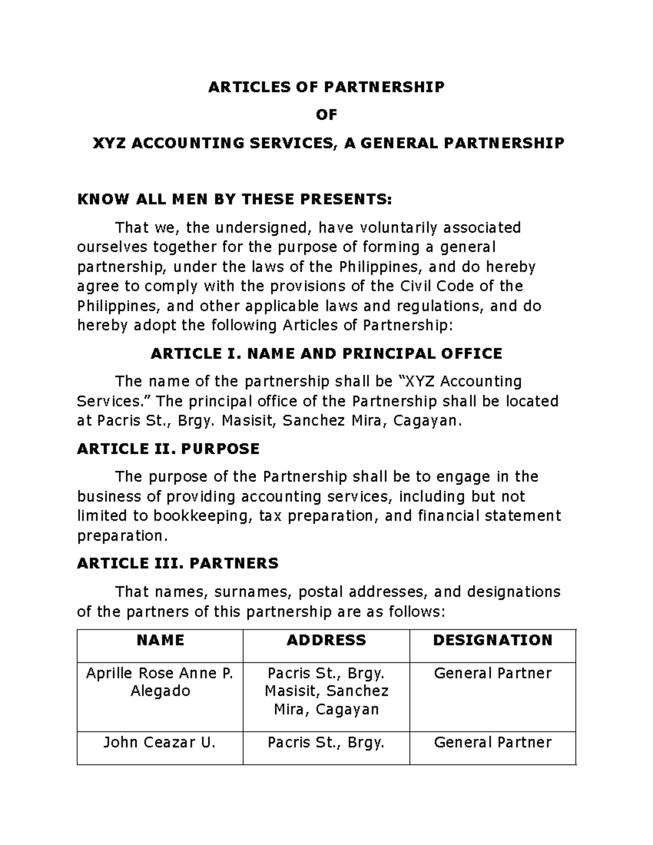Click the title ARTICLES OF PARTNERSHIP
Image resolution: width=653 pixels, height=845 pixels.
point(326,87)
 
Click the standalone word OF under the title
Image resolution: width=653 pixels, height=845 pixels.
point(326,115)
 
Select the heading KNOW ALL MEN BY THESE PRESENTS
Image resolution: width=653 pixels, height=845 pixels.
point(234,199)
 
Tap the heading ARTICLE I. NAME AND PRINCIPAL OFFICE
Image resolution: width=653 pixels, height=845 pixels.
point(326,354)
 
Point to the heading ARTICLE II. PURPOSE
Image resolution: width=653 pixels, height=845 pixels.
point(168,449)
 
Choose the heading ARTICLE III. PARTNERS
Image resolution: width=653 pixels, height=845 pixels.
point(177,563)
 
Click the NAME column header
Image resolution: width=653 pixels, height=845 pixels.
point(160,640)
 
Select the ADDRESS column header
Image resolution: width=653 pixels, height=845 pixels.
point(326,640)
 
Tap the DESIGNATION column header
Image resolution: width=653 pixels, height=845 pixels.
point(492,640)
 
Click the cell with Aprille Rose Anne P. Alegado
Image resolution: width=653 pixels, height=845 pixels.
point(160,682)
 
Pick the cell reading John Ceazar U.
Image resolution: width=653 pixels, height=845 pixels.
point(160,743)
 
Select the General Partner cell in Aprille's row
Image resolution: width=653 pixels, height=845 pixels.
point(492,674)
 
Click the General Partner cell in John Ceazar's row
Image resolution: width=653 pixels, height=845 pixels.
point(492,743)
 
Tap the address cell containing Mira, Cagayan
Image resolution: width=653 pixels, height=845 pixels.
point(326,692)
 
